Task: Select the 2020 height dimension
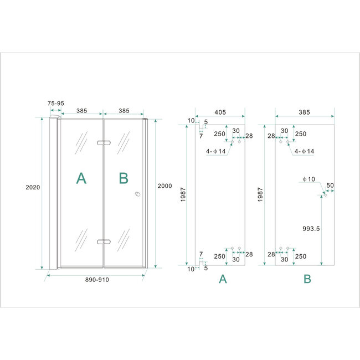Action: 33,187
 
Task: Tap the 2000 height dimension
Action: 165,186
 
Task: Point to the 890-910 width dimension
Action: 97,280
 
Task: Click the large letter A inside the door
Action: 81,178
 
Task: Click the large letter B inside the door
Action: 124,178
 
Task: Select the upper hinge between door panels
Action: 103,143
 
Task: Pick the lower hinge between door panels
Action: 103,241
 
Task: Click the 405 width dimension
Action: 220,112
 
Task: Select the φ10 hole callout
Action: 308,179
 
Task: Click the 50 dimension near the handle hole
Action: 331,185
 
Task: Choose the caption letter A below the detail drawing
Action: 223,280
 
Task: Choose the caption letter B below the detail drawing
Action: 307,280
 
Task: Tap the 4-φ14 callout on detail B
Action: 304,151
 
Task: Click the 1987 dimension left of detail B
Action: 261,194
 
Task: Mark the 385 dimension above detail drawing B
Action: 304,112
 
